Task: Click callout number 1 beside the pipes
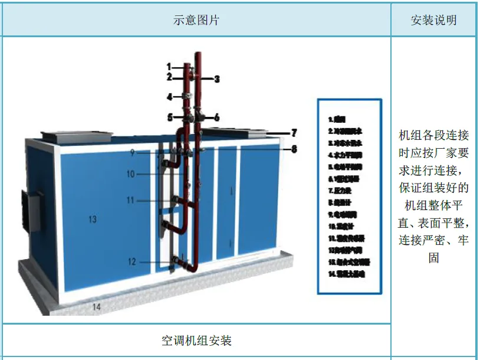pos(169,67)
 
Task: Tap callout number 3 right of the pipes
pos(216,78)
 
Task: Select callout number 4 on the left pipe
pos(169,97)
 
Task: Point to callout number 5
pos(169,117)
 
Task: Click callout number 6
pos(216,117)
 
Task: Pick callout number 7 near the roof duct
pos(294,133)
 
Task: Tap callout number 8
pos(294,149)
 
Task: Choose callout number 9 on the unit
pos(133,152)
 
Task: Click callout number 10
pos(131,174)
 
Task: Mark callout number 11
pos(130,200)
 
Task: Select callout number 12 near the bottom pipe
pos(131,261)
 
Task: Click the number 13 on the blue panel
pos(92,220)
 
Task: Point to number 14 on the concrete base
pos(96,306)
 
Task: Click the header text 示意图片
pos(196,20)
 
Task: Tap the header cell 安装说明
pos(433,20)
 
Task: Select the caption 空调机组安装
pos(196,341)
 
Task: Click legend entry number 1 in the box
pos(337,118)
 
